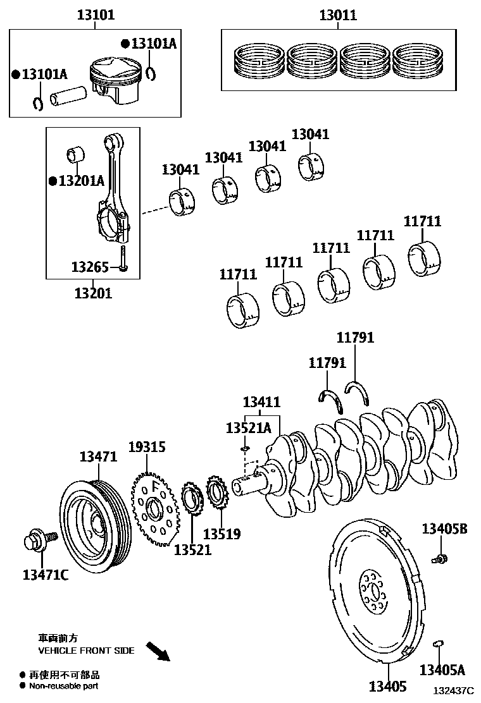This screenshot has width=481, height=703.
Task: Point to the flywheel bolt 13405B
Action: pos(439,558)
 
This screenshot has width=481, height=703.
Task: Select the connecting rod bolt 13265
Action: pos(123,259)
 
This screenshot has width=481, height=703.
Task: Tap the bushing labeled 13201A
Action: pos(76,154)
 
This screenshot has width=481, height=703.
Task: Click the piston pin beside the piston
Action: pos(69,95)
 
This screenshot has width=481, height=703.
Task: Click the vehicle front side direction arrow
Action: pos(158,651)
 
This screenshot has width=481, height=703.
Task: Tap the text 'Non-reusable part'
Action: pos(63,686)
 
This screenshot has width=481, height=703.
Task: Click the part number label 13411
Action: pos(261,402)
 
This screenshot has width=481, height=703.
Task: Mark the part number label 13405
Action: pos(388,687)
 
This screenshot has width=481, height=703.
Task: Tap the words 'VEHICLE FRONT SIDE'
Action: pos(87,651)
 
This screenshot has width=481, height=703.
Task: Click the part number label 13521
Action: pos(192,550)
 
